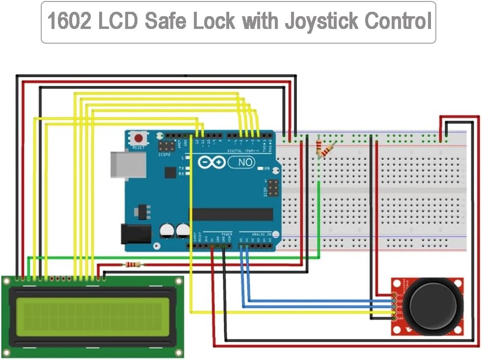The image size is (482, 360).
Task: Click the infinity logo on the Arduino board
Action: click(212, 162)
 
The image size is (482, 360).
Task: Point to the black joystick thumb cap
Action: click(435, 305)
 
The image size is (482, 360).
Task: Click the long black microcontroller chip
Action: click(231, 214)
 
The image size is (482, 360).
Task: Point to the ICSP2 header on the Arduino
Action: click(165, 146)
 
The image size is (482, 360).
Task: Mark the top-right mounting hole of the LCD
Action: click(179, 282)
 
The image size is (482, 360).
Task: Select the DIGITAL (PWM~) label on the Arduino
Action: click(243, 150)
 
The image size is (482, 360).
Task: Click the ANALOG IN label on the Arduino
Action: click(261, 234)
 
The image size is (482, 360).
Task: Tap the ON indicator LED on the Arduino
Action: click(261, 168)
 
